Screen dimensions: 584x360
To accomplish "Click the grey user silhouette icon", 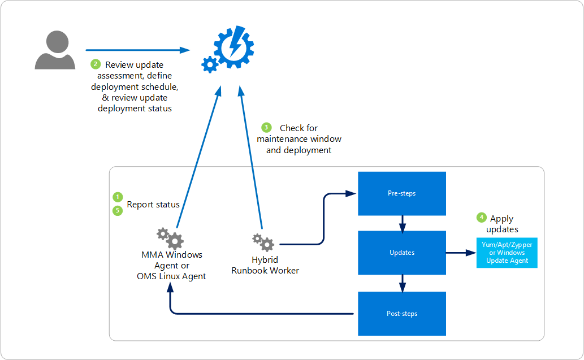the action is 55,50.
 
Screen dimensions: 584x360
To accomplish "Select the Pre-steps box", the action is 402,194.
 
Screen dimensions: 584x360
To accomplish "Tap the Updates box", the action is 402,253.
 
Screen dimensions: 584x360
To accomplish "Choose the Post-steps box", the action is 402,314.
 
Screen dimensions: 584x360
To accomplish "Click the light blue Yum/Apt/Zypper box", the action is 507,253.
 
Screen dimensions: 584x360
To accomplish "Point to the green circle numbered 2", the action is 96,64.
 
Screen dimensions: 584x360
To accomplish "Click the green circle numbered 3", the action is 266,127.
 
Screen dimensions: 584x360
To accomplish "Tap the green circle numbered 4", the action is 482,218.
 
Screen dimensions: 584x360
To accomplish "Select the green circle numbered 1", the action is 118,197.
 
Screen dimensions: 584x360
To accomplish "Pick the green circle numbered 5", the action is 118,211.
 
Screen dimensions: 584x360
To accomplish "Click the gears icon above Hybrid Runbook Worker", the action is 263,242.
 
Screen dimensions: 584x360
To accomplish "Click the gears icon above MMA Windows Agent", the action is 170,238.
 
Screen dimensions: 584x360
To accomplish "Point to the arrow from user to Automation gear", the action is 138,50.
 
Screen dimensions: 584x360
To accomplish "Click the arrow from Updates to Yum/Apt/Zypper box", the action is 461,253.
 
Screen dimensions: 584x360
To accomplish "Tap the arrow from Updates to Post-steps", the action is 403,284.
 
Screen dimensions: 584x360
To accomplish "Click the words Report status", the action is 153,205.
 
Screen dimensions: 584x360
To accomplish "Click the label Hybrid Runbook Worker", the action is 265,265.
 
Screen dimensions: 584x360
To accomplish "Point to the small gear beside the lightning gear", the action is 210,65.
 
